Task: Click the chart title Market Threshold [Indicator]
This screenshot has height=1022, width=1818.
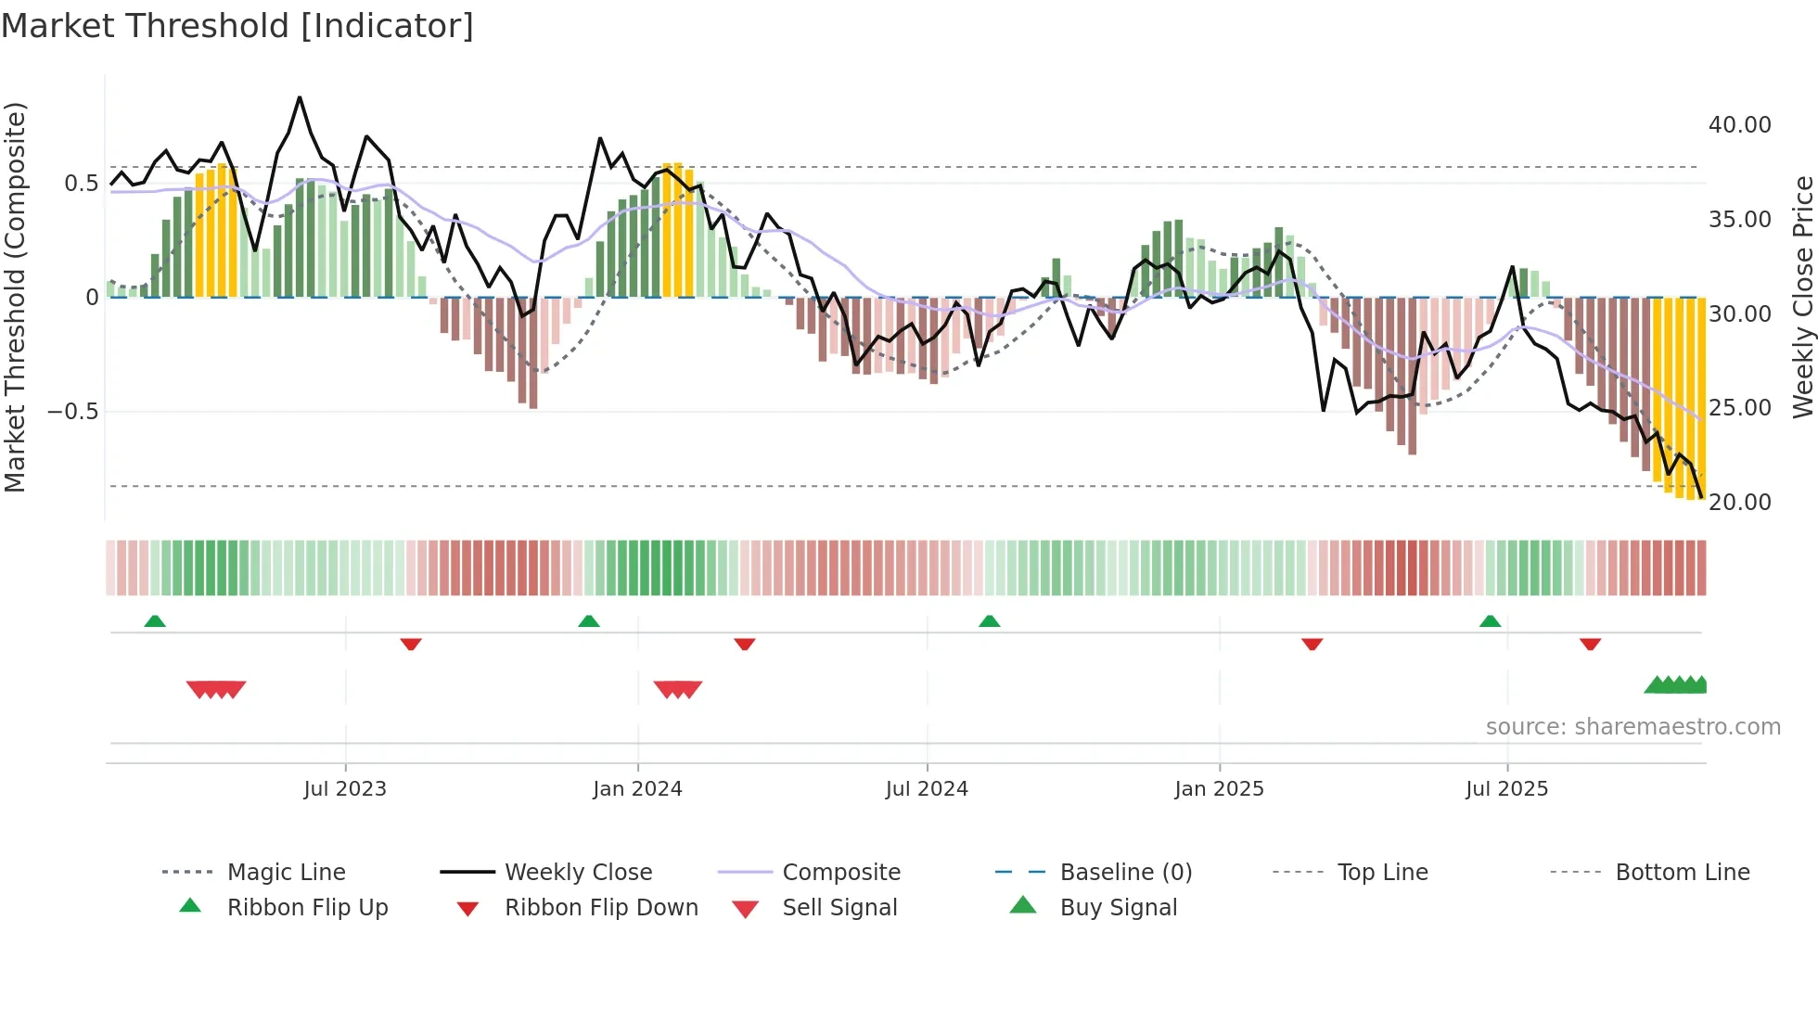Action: [237, 26]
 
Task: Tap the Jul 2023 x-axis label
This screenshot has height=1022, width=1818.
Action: [344, 789]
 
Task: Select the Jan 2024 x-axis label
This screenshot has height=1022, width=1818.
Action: [637, 789]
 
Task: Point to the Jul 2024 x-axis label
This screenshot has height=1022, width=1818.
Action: [927, 789]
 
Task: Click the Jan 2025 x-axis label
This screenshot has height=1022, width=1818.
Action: [1219, 789]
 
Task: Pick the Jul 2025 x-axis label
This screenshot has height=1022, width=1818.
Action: [1506, 789]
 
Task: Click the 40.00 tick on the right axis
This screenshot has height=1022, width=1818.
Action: [1739, 125]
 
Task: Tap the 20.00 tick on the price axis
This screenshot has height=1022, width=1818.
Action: [1739, 503]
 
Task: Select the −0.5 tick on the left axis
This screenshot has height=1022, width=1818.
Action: [72, 412]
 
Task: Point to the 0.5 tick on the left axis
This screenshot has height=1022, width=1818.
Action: [81, 184]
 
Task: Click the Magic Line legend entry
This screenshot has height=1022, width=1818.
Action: [286, 873]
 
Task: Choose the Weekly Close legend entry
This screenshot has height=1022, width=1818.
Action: [578, 873]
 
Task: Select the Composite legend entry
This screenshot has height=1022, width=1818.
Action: [840, 873]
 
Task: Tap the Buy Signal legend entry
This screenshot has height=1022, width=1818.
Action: [1118, 908]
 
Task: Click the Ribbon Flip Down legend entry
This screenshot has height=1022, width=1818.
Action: [600, 908]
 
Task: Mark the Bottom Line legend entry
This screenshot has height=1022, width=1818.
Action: [1682, 873]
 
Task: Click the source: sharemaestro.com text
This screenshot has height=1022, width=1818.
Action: [1632, 727]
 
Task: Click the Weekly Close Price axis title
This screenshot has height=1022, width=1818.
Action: [1802, 297]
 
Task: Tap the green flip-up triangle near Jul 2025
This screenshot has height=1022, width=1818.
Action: [1490, 621]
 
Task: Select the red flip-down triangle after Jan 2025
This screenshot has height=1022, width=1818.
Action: [1312, 644]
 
